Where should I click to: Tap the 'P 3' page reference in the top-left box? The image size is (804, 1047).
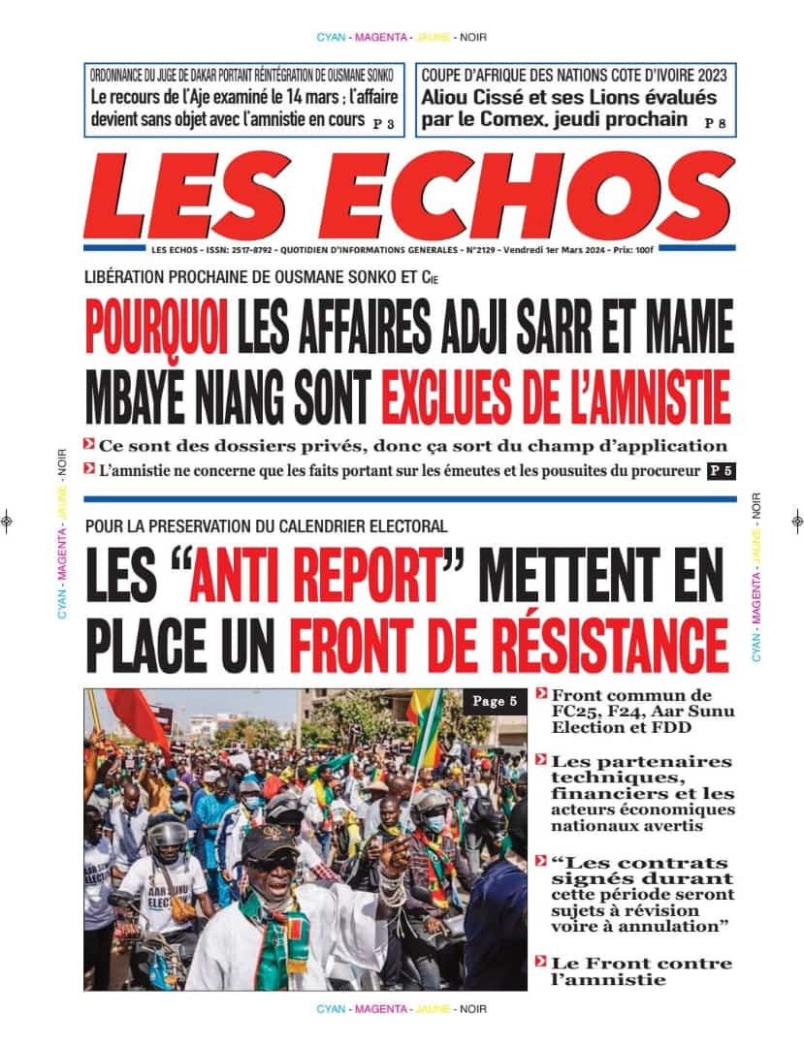tap(383, 123)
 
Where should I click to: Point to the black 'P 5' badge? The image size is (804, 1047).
tap(719, 471)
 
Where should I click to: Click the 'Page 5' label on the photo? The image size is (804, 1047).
tap(494, 701)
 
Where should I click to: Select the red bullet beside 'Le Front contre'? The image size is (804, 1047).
tap(541, 963)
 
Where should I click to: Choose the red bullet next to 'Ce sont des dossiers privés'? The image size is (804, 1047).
tap(89, 445)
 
